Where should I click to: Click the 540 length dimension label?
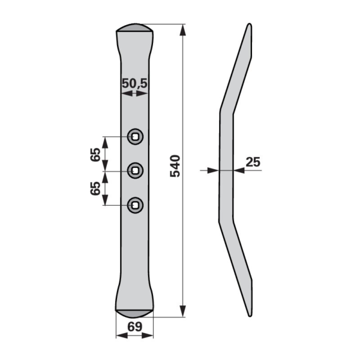click(x=175, y=166)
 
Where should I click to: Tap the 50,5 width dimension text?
click(x=134, y=83)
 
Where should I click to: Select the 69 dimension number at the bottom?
click(x=135, y=327)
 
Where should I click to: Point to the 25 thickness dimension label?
click(x=253, y=162)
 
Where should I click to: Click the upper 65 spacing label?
click(x=95, y=155)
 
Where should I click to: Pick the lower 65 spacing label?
click(x=95, y=188)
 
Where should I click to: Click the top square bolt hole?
click(x=136, y=137)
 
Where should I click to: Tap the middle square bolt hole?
click(x=136, y=170)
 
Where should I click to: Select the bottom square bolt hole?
click(x=136, y=205)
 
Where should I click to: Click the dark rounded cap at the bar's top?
click(x=135, y=28)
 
